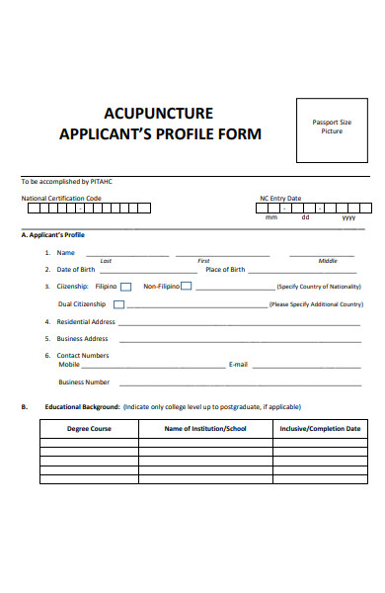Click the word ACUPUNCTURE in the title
158,114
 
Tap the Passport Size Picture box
331,129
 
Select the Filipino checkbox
125,287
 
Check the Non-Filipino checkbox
186,287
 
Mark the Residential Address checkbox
120,321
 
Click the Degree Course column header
89,429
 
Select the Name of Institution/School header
205,429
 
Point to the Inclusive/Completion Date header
320,429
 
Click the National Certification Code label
61,198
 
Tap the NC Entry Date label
280,198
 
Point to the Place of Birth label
225,269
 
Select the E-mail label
237,364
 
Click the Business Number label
84,381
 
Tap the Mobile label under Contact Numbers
69,364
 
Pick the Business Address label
82,339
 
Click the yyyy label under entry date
348,217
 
